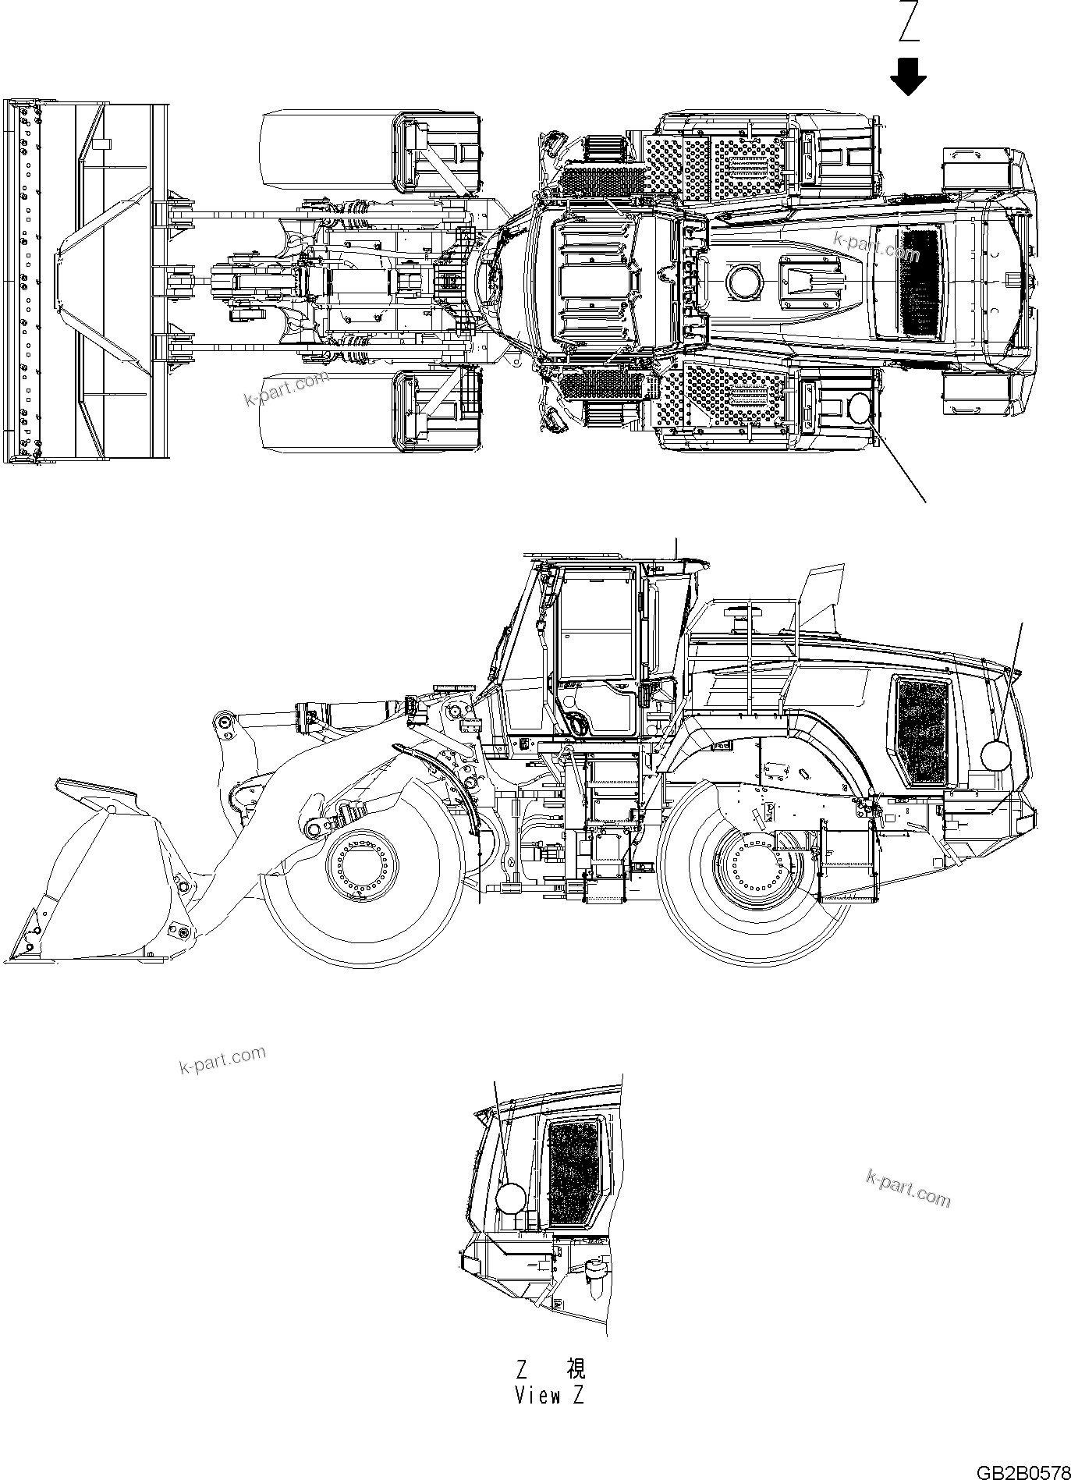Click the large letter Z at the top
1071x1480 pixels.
[909, 22]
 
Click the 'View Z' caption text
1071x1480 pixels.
[549, 1396]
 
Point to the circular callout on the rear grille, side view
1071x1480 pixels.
[995, 754]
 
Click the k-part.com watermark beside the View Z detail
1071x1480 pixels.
[908, 1188]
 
